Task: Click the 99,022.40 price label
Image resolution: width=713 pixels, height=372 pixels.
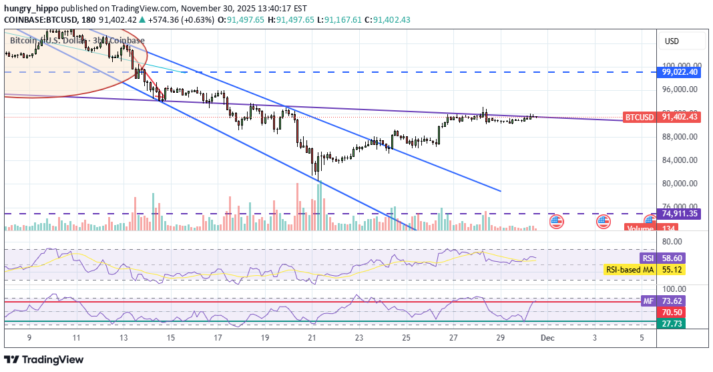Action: [x=680, y=72]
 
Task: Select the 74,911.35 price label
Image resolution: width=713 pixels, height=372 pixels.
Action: [x=680, y=214]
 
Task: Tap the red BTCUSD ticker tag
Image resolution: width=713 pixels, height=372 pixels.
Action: [x=639, y=117]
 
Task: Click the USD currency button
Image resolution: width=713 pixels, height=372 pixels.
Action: [x=672, y=41]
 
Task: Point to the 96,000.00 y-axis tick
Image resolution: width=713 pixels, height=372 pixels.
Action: [x=680, y=89]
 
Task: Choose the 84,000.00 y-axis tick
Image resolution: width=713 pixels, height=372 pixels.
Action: [x=680, y=160]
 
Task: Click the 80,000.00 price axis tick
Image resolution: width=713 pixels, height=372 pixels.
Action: [x=680, y=184]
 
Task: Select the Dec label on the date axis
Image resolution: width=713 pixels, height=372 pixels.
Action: [x=547, y=339]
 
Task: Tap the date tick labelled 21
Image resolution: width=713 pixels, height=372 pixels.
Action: [x=312, y=339]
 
